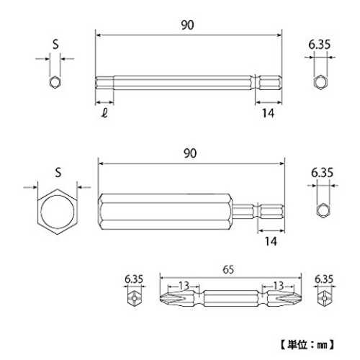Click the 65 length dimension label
pyautogui.click(x=228, y=269)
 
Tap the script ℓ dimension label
pyautogui.click(x=104, y=112)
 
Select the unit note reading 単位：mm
pyautogui.click(x=307, y=345)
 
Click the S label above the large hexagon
pyautogui.click(x=58, y=172)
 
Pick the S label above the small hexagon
pyautogui.click(x=55, y=44)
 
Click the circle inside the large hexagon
pyautogui.click(x=41, y=211)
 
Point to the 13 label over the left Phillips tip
pyautogui.click(x=184, y=285)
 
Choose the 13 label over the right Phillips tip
pyautogui.click(x=279, y=285)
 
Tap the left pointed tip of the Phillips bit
pyautogui.click(x=160, y=298)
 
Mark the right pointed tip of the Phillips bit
pyautogui.click(x=302, y=298)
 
